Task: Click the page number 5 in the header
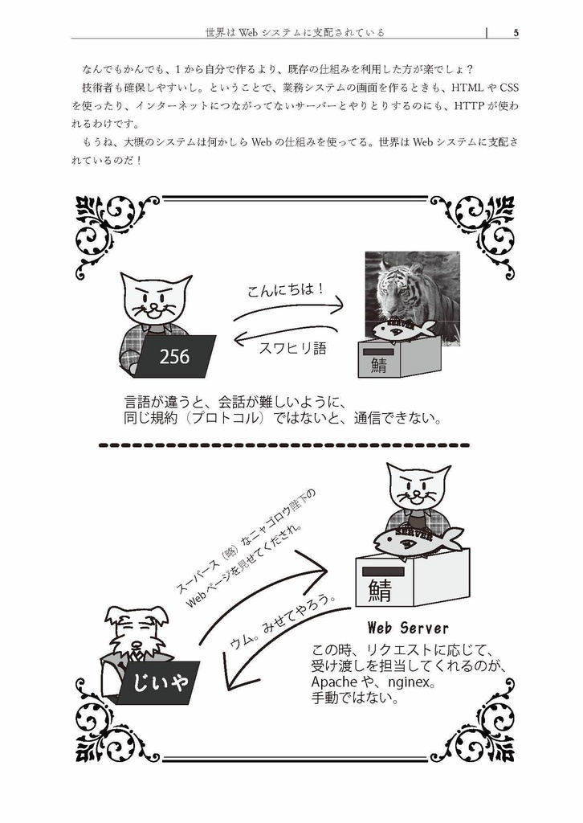(x=516, y=33)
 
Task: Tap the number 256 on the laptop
(x=174, y=357)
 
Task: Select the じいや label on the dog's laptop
(x=158, y=683)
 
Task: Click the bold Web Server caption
(x=407, y=627)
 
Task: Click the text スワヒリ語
(x=293, y=349)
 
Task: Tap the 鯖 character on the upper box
(x=379, y=365)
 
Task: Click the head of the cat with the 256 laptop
(x=156, y=298)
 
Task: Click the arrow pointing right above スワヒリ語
(x=289, y=310)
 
